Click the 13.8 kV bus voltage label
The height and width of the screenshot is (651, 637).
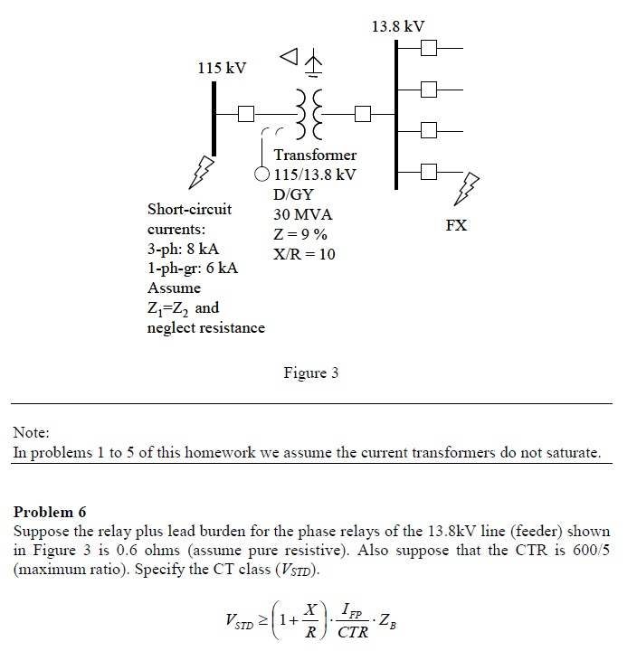point(397,26)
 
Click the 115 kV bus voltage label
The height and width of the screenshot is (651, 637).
point(222,69)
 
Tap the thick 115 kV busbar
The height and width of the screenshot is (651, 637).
point(214,118)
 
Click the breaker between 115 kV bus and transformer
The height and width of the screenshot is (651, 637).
point(245,114)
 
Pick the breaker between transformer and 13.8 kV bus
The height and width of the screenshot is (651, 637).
point(363,114)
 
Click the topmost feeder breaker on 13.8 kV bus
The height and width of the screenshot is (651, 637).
point(428,47)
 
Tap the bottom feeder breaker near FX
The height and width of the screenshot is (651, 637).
point(428,170)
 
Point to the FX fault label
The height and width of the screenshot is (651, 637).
point(457,225)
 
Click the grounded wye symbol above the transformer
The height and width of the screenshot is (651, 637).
point(313,63)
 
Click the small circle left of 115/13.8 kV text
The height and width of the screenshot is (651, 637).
point(262,174)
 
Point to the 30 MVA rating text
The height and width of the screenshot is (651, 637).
point(303,214)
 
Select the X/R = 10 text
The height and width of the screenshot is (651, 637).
point(304,254)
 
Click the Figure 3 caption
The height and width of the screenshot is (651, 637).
point(310,373)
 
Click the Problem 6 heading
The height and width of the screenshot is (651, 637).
point(50,512)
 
